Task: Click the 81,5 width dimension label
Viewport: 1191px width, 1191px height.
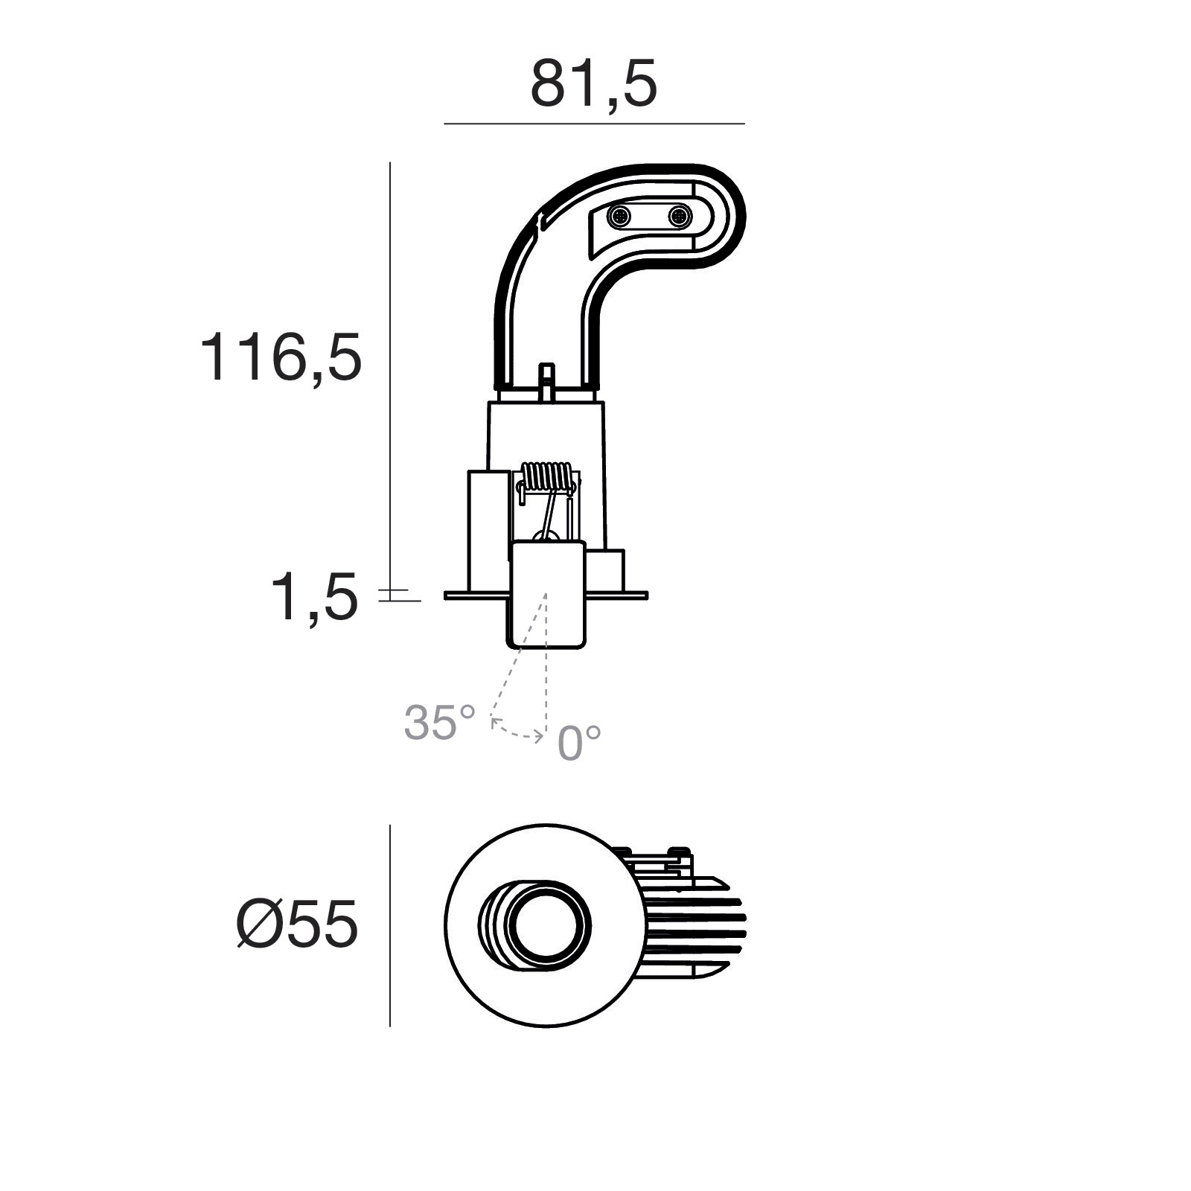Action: pyautogui.click(x=593, y=84)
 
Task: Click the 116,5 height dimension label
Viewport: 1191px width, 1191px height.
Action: pyautogui.click(x=281, y=357)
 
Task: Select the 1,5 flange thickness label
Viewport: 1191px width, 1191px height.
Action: pyautogui.click(x=313, y=597)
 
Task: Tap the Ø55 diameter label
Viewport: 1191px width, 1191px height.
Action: pyautogui.click(x=297, y=925)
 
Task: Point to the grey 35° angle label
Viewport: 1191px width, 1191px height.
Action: pyautogui.click(x=439, y=721)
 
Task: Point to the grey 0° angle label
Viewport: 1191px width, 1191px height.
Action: pyautogui.click(x=579, y=742)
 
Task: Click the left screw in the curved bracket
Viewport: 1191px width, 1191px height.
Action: pyautogui.click(x=619, y=217)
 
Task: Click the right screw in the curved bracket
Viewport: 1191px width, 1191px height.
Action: pyautogui.click(x=679, y=217)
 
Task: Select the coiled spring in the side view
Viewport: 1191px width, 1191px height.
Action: pyautogui.click(x=547, y=479)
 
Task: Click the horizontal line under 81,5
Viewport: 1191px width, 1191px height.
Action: pyautogui.click(x=594, y=124)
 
